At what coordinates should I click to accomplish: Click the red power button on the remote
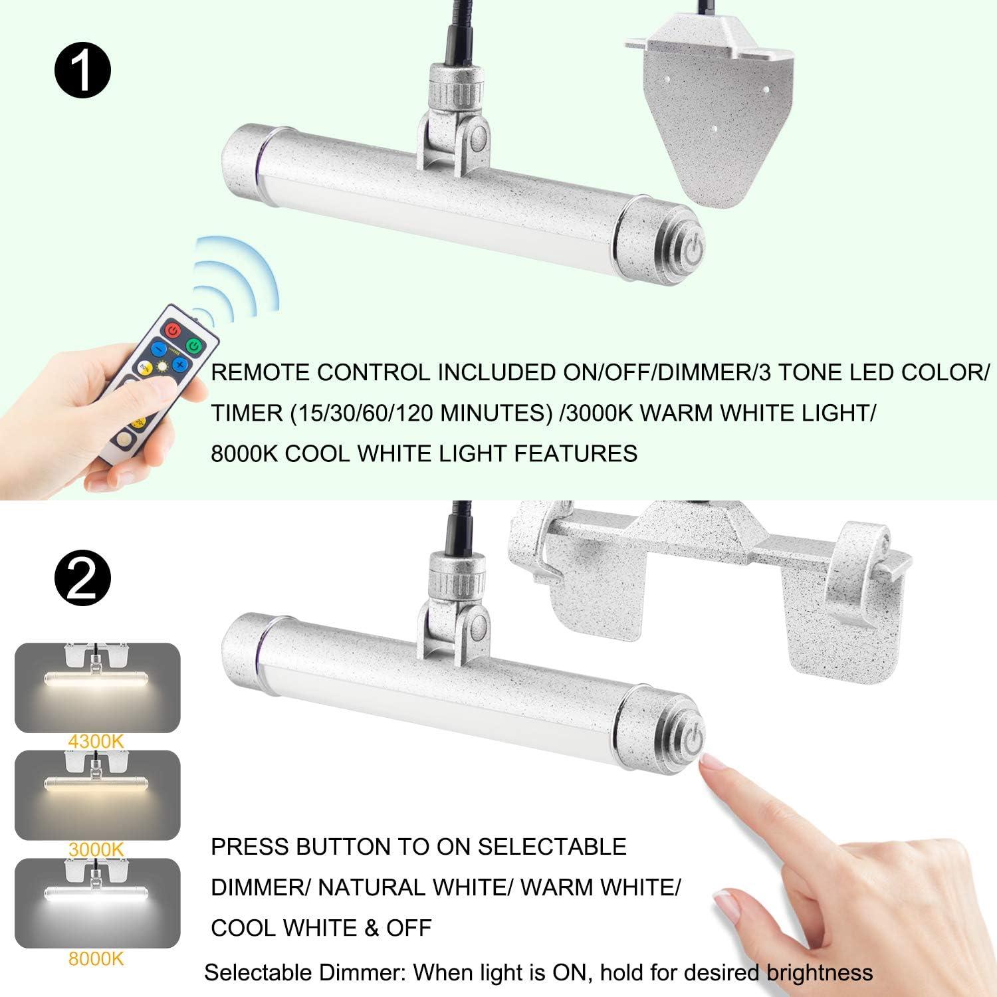(x=173, y=330)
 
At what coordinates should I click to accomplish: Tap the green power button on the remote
(x=193, y=346)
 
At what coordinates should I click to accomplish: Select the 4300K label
(x=97, y=741)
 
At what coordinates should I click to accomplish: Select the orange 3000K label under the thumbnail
(x=97, y=849)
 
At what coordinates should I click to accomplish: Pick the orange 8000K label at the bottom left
(x=97, y=958)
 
